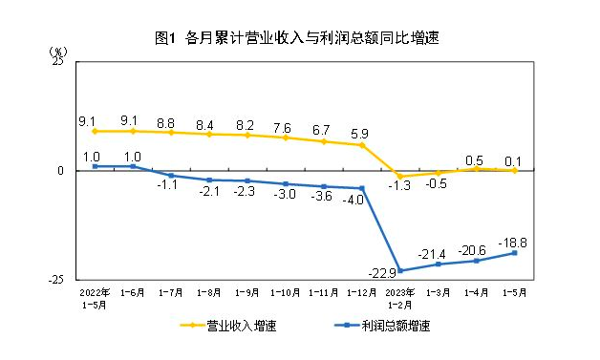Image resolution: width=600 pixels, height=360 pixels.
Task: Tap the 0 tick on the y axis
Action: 60,171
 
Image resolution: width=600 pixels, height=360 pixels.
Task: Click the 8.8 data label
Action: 170,122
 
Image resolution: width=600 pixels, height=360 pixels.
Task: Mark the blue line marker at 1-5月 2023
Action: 516,253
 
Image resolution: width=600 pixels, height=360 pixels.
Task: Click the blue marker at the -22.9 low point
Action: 400,270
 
